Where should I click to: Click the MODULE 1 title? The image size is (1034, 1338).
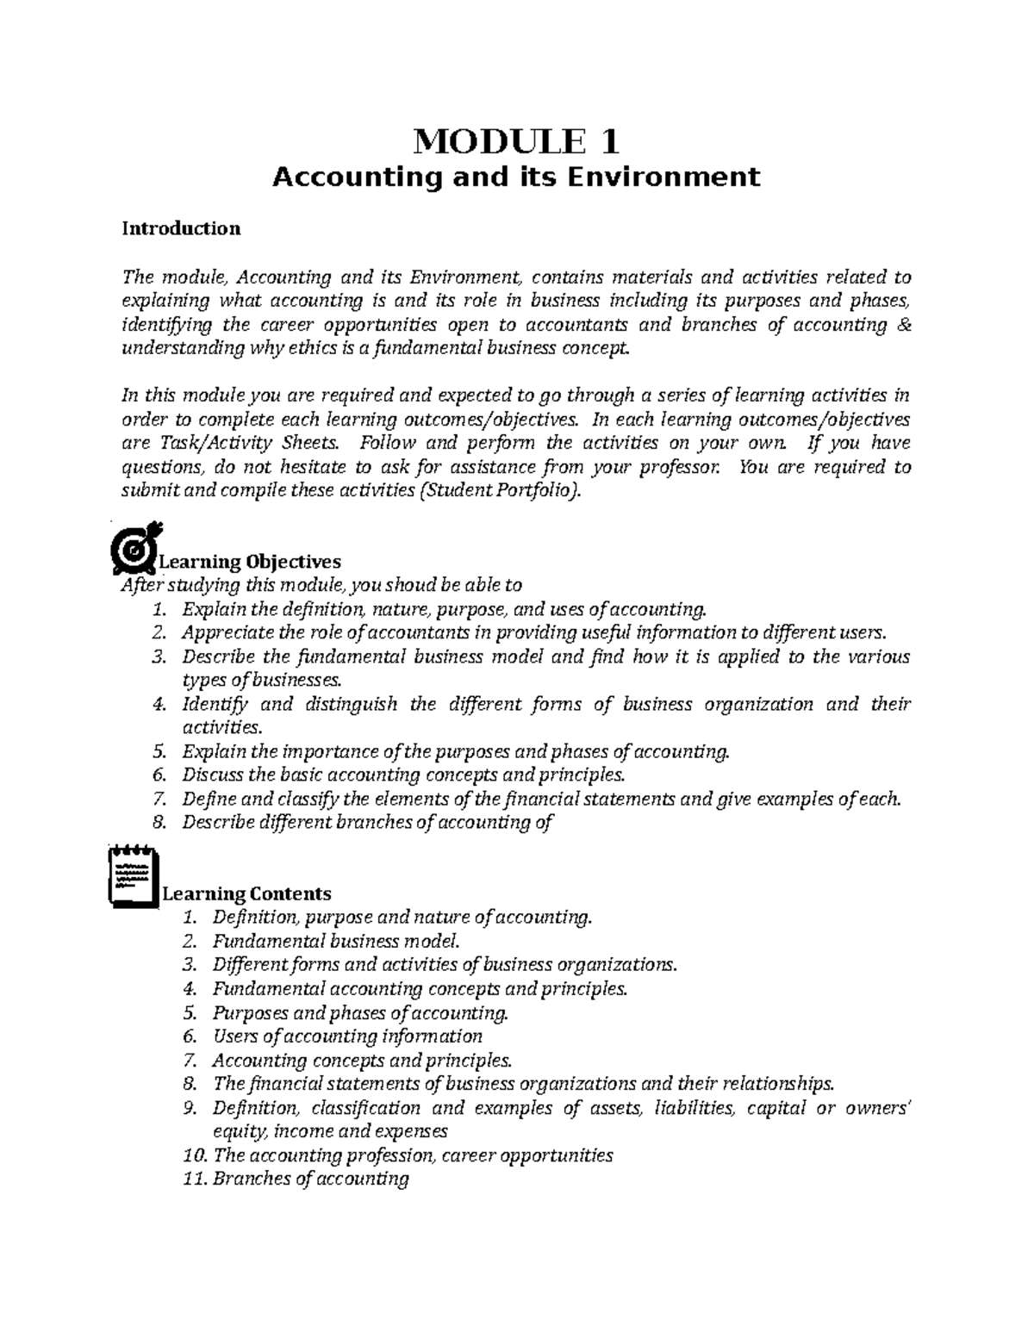coord(516,140)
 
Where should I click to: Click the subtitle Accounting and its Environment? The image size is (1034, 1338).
coord(516,177)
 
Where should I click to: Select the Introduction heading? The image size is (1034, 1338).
coord(181,228)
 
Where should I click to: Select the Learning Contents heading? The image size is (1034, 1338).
coord(246,893)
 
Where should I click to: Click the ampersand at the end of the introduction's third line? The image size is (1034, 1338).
coord(903,325)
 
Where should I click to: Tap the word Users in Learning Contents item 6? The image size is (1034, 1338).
coord(235,1036)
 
